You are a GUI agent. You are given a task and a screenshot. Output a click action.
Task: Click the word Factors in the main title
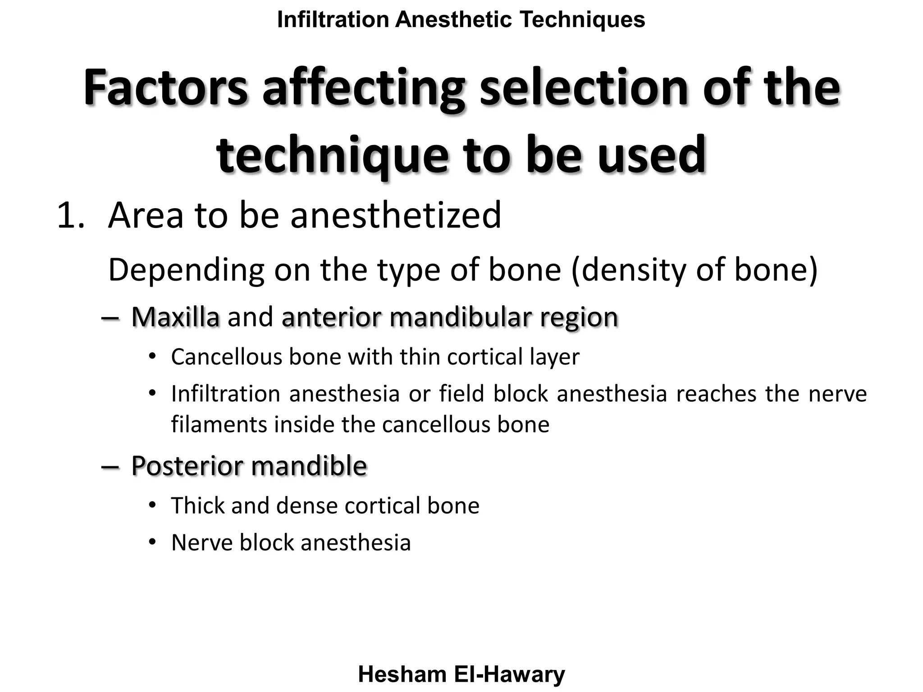[x=165, y=88]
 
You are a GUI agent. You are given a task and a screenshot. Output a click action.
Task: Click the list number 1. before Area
[x=71, y=215]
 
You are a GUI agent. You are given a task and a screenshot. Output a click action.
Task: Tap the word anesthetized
[x=395, y=215]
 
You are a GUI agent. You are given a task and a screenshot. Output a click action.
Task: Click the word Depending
[x=186, y=270]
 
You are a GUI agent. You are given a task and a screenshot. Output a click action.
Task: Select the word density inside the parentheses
[x=635, y=270]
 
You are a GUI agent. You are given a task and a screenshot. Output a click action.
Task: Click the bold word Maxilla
[x=175, y=317]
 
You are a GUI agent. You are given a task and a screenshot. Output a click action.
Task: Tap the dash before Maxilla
[x=110, y=318]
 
